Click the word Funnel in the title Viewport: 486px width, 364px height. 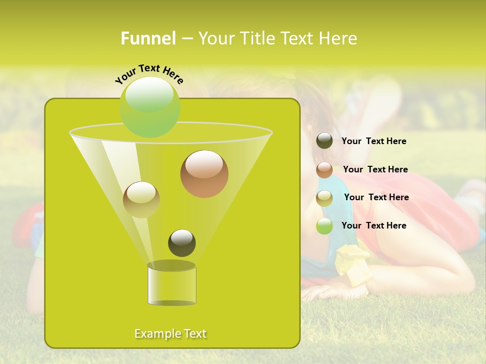coord(148,38)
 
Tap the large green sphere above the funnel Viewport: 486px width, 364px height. coord(149,107)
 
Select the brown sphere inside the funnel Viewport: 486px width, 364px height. coord(204,173)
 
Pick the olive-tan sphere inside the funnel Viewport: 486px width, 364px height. coord(141,199)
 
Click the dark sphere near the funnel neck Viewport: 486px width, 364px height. coord(182,243)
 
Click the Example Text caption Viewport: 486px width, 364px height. coord(171,334)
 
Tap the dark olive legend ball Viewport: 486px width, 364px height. coord(325,141)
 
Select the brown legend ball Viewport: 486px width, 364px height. coord(325,170)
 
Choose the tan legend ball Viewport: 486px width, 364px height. coord(325,198)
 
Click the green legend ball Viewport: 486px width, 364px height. coord(325,226)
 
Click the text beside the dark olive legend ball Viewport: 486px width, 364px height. coord(374,141)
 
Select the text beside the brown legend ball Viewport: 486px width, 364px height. coord(375,169)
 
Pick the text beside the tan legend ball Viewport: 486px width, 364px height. coord(376,197)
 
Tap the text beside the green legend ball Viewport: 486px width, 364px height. coord(374,225)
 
